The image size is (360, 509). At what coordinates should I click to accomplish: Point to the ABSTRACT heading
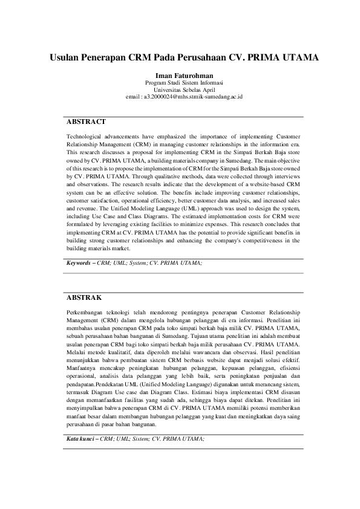87,122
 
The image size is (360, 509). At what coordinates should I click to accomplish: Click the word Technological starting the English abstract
87,137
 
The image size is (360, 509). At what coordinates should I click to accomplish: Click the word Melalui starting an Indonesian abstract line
76,351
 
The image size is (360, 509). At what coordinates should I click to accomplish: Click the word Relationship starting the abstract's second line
83,145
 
